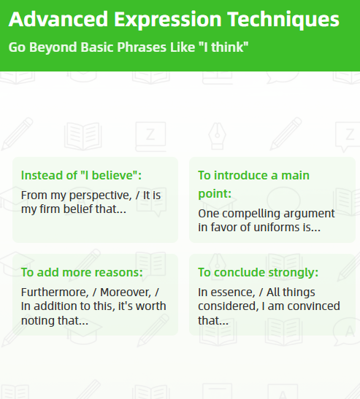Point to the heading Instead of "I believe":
pyautogui.click(x=81, y=175)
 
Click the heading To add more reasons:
pyautogui.click(x=82, y=272)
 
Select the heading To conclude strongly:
pyautogui.click(x=258, y=272)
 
